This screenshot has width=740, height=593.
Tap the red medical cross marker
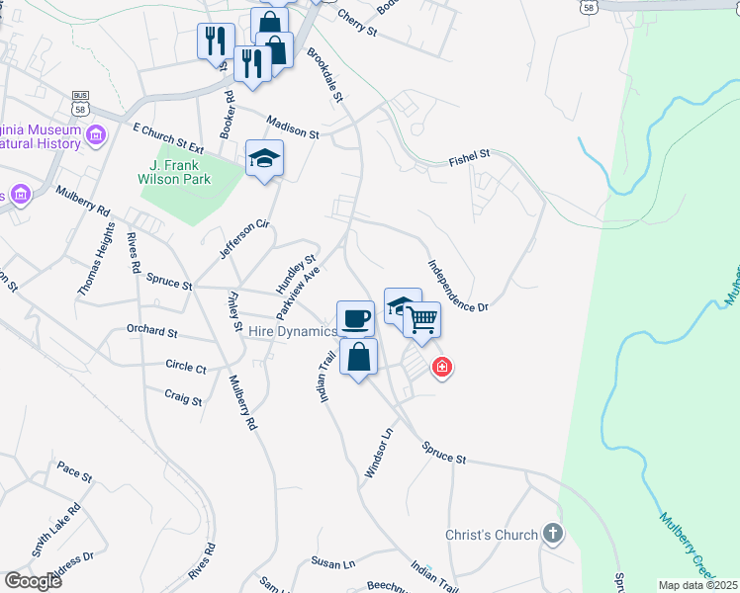click(x=442, y=369)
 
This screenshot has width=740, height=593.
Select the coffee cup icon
click(x=356, y=317)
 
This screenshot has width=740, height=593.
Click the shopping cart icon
click(x=421, y=319)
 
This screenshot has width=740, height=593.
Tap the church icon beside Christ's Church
click(x=552, y=535)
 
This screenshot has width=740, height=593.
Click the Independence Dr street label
click(x=458, y=286)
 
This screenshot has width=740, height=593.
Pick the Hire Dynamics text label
click(x=293, y=332)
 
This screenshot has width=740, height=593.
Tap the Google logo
click(x=33, y=580)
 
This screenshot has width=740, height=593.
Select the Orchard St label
click(x=151, y=333)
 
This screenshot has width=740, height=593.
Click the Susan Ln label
click(x=333, y=562)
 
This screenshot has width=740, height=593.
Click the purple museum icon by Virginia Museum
click(x=96, y=134)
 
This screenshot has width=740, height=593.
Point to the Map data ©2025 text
click(x=698, y=585)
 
